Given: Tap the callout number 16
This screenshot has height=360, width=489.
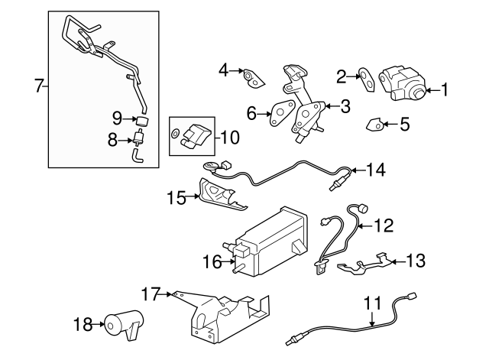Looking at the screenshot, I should pos(212,263).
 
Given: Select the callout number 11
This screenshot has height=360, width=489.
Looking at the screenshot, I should pos(371,304).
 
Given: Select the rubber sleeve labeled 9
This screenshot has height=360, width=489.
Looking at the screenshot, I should pos(141,120).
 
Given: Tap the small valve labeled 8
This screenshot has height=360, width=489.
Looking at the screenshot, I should pos(138,140).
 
